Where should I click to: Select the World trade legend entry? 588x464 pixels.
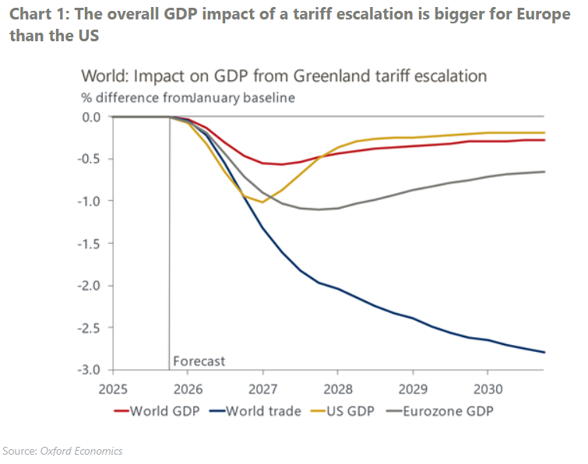click(x=259, y=410)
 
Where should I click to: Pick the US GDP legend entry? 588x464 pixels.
click(x=359, y=410)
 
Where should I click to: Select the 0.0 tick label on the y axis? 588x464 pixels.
click(x=93, y=117)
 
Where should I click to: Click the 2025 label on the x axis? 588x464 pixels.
click(x=114, y=387)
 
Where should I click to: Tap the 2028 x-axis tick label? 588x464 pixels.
click(x=338, y=387)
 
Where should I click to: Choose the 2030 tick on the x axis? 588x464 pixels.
click(x=487, y=387)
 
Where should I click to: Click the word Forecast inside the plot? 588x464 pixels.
click(x=199, y=361)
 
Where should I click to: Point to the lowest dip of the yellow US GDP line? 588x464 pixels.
click(x=262, y=202)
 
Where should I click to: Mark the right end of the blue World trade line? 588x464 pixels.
click(x=544, y=353)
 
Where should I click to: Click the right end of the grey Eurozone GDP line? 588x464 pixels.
click(x=544, y=171)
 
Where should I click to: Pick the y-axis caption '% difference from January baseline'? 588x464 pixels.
click(x=188, y=97)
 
